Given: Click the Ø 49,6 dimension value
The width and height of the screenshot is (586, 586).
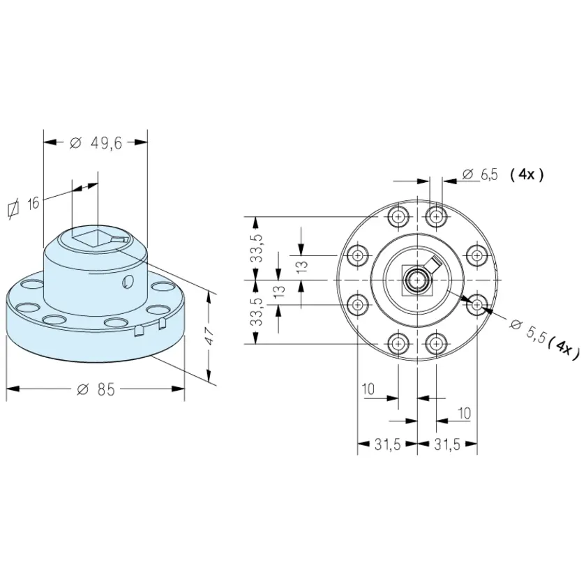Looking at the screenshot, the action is tap(96, 143).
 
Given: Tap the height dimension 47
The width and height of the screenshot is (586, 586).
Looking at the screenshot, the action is tap(210, 336).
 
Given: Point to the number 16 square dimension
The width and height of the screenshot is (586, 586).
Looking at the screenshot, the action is tap(33, 203).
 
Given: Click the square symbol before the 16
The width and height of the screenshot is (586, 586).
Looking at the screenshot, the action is tap(13, 209).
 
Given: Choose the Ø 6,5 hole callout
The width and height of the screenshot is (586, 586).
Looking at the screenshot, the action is tap(480, 174).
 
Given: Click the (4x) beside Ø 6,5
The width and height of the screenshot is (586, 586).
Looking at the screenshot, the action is tap(527, 174).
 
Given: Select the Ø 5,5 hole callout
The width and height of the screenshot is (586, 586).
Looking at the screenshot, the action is tap(527, 331).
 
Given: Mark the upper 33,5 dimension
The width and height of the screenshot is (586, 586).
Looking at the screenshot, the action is tap(257, 248).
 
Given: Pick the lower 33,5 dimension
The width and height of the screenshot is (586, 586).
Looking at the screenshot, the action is tap(257, 312).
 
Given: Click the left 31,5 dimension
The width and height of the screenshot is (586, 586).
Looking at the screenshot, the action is tap(388, 444).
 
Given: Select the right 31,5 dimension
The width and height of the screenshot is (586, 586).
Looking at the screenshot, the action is tap(447, 444).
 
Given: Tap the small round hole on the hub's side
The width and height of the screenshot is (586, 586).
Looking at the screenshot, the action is tap(128, 282).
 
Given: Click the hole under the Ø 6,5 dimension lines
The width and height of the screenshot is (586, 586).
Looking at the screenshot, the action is tap(436, 216).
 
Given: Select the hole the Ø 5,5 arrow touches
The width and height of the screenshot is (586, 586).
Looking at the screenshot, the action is tap(477, 305).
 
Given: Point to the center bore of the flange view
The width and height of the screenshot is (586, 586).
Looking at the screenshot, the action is tap(416, 280).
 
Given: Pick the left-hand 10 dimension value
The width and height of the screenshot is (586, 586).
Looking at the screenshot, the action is tap(368, 389).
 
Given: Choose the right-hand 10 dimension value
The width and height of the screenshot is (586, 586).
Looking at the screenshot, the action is tap(464, 413).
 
